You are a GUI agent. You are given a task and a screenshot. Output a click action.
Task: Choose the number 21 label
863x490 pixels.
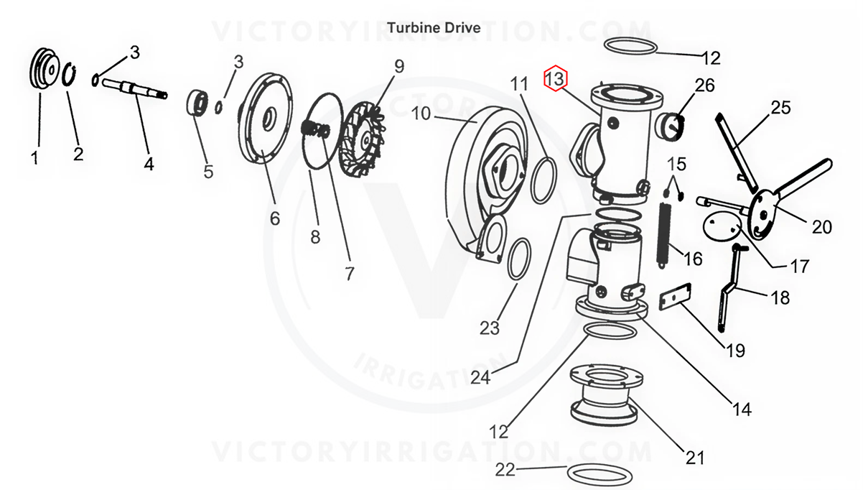point(694,457)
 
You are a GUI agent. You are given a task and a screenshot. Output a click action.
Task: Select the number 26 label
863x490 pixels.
point(705,85)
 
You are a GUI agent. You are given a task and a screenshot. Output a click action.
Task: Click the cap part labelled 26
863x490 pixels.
point(669,126)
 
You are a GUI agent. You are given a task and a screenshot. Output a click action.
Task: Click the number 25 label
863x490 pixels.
point(780,108)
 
